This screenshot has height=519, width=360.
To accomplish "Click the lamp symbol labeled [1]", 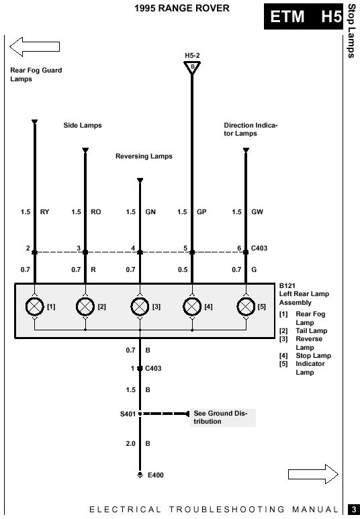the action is coord(35,307).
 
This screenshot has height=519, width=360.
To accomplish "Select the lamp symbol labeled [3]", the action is coord(140,307).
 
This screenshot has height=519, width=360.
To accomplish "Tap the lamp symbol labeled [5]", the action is coord(246,307).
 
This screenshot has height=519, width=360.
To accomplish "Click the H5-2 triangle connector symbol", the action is coord(192,68).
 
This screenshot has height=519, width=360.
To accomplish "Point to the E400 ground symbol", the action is coord(140,475).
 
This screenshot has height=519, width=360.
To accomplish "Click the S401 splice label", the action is coord(128,414).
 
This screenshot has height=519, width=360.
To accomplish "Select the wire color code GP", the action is coord(201,212).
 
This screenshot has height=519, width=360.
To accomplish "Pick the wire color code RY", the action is coord(44,212).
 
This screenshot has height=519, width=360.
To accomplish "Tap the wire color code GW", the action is coord(257,212).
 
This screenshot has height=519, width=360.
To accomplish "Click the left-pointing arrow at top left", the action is coord(34,47).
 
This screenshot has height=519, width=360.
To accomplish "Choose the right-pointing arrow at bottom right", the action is coord(313,474).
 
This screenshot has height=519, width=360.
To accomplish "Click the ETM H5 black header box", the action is coord(304,17).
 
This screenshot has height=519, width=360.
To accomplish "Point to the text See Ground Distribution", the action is coord(220,418).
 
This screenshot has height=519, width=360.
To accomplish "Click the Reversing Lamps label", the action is coord(144,156).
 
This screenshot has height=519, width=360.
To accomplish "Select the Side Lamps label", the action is coord(83,125).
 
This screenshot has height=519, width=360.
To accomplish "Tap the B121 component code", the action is coord(287,285).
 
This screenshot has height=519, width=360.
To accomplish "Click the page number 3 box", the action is coord(354,509).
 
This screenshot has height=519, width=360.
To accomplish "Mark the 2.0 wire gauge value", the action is coord(130,444).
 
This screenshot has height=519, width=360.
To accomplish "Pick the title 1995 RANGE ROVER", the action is coord(182,8).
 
